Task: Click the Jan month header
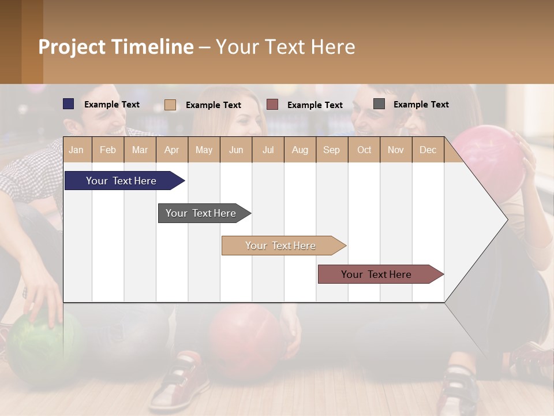[76, 150]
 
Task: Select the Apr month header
[171, 150]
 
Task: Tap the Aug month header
[300, 150]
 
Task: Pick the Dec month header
[428, 150]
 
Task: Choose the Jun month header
[235, 150]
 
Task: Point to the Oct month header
[364, 150]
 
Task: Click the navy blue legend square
[69, 104]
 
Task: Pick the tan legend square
[170, 105]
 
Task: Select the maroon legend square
[272, 105]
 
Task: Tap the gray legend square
[379, 104]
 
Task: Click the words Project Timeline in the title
[116, 47]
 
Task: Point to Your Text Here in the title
[285, 47]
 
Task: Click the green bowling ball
[35, 347]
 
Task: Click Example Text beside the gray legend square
[421, 104]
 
